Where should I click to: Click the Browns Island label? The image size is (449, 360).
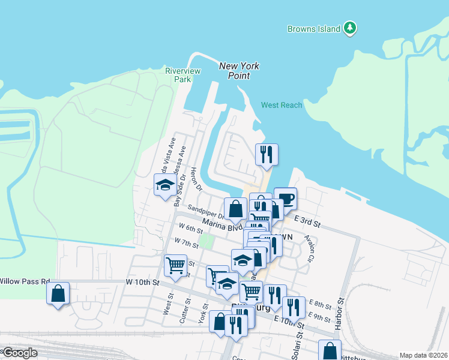pyautogui.click(x=314, y=29)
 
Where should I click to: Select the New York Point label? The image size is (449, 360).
pyautogui.click(x=239, y=71)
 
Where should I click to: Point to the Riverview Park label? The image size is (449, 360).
pyautogui.click(x=178, y=75)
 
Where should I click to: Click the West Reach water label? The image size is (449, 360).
pyautogui.click(x=282, y=106)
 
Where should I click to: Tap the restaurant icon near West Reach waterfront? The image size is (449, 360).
pyautogui.click(x=267, y=154)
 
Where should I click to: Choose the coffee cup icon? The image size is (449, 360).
pyautogui.click(x=286, y=199)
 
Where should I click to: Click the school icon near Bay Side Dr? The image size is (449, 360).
pyautogui.click(x=164, y=185)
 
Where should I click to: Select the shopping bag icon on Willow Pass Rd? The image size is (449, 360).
pyautogui.click(x=58, y=293)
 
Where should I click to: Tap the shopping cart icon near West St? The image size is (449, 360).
pyautogui.click(x=175, y=265)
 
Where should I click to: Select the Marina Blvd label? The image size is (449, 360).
pyautogui.click(x=222, y=224)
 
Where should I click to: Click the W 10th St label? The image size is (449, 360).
pyautogui.click(x=142, y=282)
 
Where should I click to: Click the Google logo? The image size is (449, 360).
pyautogui.click(x=19, y=353)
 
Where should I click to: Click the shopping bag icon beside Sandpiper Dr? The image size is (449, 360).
pyautogui.click(x=236, y=209)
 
